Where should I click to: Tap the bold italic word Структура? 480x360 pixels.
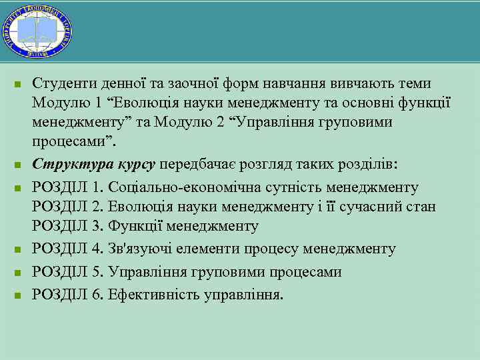coord(68,165)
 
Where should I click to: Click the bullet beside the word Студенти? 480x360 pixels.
coord(19,85)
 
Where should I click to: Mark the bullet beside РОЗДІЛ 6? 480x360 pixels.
coord(19,294)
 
